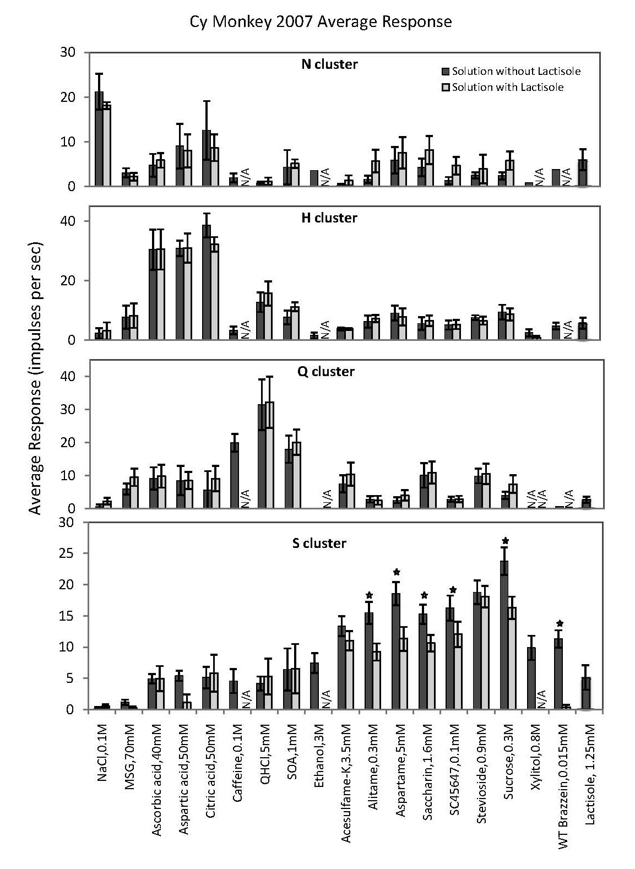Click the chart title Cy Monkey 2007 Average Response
(321, 21)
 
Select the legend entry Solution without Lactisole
(515, 71)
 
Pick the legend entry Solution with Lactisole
(507, 87)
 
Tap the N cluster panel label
(329, 64)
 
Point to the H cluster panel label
(329, 218)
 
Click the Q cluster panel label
(326, 372)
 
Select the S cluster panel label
(319, 544)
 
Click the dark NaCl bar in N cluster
(99, 140)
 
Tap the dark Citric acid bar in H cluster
(207, 283)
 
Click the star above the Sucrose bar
(505, 541)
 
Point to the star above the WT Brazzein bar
(559, 624)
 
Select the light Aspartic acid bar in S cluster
(187, 705)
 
